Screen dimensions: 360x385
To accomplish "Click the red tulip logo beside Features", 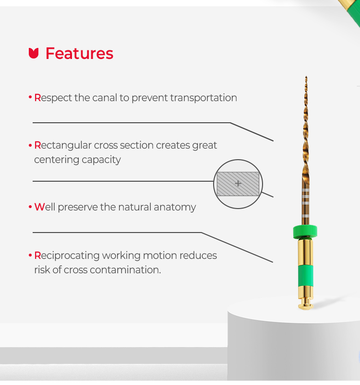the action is click(x=34, y=53).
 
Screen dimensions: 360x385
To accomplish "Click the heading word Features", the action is click(x=79, y=53).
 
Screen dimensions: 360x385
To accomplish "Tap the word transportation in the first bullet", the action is click(x=204, y=98).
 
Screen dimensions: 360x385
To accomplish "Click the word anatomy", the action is click(x=175, y=207).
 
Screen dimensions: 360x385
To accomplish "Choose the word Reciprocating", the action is click(x=67, y=256).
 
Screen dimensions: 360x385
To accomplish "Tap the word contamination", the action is click(x=125, y=270).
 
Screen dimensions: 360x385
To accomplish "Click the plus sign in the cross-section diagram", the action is click(x=238, y=184).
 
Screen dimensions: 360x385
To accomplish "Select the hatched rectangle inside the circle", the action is click(x=238, y=184).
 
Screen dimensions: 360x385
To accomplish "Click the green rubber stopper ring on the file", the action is click(x=305, y=232).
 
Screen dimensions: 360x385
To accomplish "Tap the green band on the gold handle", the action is click(x=305, y=276).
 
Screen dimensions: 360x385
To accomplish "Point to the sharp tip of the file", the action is click(x=306, y=77).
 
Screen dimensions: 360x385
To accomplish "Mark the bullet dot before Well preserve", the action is click(x=30, y=207).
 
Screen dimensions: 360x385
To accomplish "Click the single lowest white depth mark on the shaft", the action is click(x=305, y=216).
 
